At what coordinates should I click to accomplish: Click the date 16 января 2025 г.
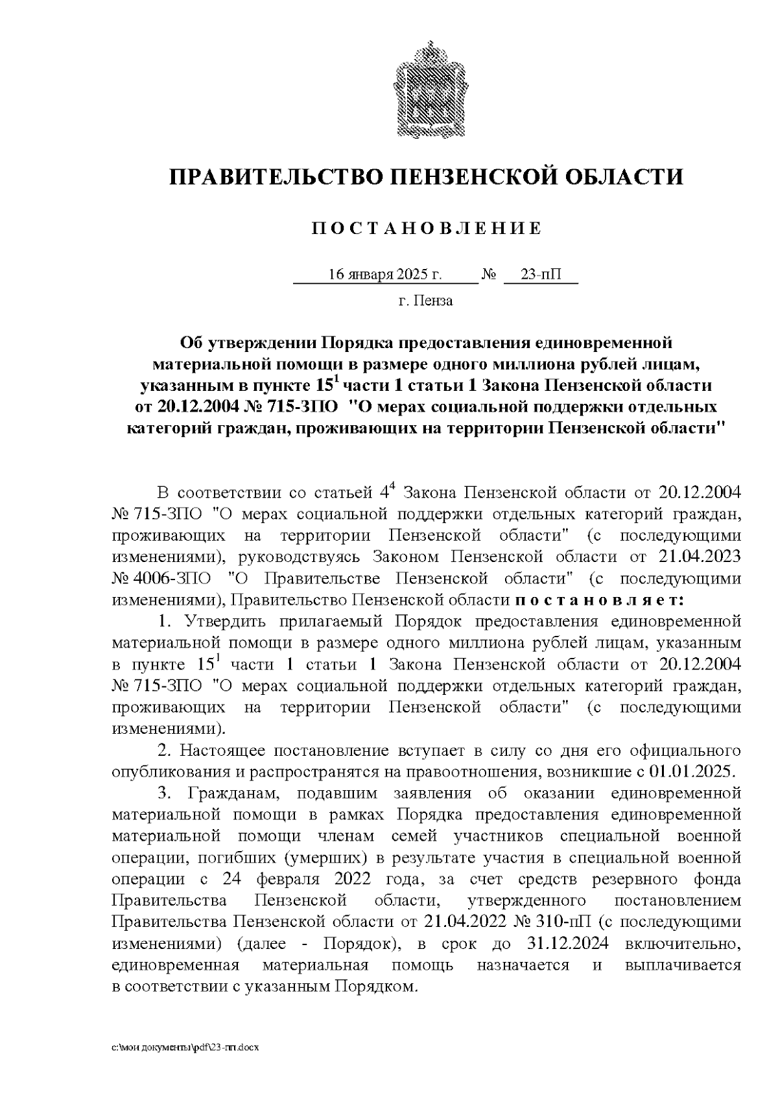point(385,274)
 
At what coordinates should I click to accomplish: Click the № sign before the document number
point(489,274)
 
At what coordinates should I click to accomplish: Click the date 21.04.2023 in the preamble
point(700,557)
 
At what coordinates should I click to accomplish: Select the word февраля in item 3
point(288,879)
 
